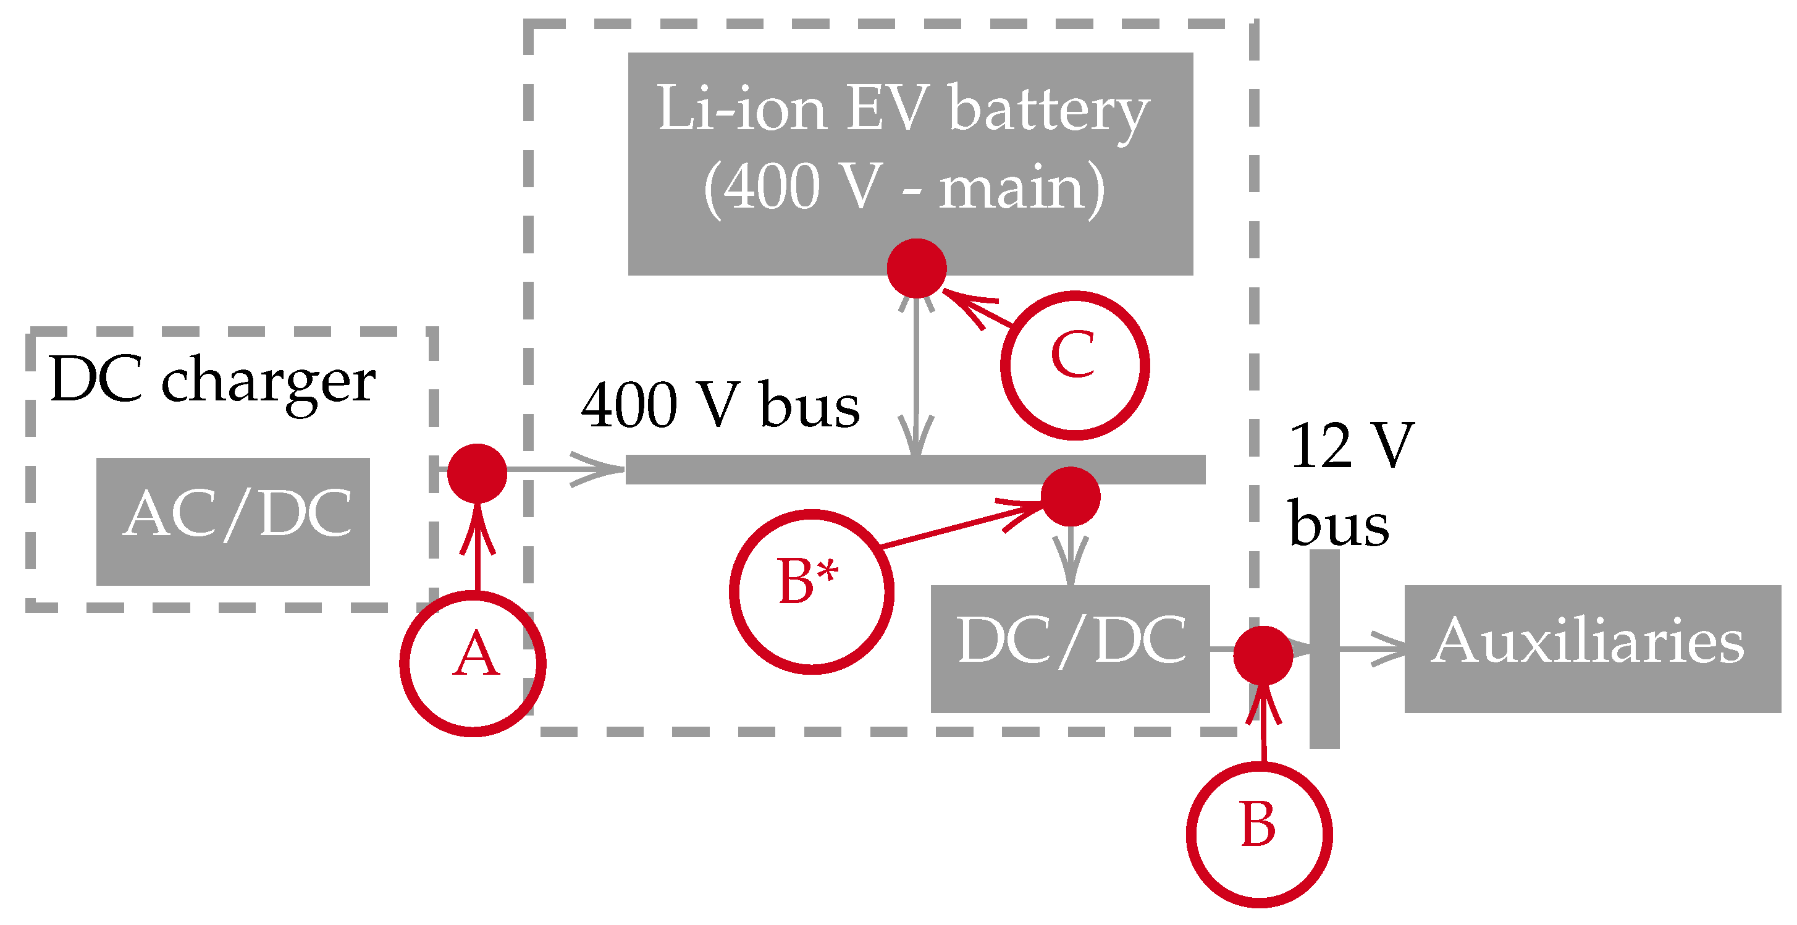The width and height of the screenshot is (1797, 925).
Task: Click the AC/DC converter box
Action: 232,521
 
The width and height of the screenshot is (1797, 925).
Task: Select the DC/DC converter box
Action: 1069,649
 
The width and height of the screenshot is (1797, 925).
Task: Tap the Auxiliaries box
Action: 1592,649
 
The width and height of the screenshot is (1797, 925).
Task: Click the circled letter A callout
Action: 473,663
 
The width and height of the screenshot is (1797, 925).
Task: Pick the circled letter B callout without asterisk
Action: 1258,834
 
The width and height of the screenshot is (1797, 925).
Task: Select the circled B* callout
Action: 810,591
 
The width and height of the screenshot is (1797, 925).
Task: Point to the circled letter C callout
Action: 1074,365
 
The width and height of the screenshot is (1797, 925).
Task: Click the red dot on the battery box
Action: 916,268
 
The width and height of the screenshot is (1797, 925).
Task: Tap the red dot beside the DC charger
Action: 476,473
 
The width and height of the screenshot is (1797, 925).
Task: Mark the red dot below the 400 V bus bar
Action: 1070,496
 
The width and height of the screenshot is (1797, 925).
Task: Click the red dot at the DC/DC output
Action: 1263,655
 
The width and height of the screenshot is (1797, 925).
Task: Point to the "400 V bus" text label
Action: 720,405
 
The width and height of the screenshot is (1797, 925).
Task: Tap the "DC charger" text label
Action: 213,381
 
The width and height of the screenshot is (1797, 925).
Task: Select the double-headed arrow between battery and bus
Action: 916,377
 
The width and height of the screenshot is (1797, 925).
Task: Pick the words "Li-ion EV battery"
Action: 903,109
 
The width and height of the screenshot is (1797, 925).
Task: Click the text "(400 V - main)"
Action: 903,187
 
